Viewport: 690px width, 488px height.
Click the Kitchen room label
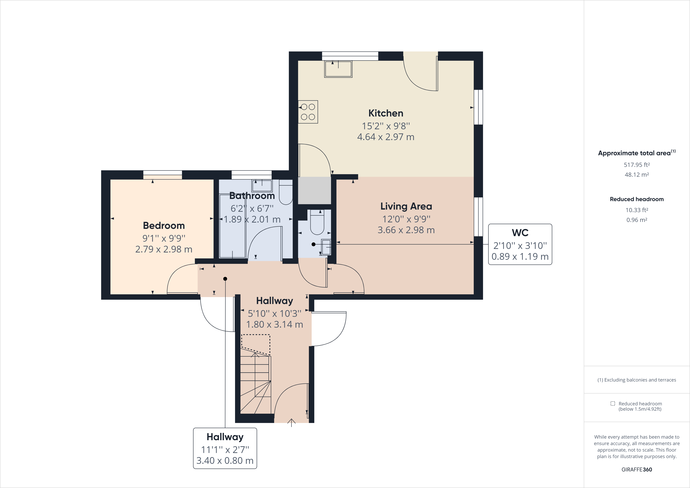click(386, 113)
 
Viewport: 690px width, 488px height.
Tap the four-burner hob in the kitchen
click(308, 112)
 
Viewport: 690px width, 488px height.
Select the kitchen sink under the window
click(338, 69)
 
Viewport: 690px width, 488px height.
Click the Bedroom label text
click(164, 226)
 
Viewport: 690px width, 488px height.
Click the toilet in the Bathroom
click(285, 192)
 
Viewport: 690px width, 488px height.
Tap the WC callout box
click(520, 244)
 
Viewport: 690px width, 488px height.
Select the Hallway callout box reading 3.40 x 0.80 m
click(225, 448)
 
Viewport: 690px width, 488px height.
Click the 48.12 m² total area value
click(636, 175)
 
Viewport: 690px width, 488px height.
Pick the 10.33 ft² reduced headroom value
click(636, 210)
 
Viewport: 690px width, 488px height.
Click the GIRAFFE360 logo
click(636, 469)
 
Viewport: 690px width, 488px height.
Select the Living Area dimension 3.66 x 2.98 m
click(406, 230)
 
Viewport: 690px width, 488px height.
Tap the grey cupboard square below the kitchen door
click(314, 190)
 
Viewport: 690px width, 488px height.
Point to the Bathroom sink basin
click(262, 186)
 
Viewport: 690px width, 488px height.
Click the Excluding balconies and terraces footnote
click(636, 380)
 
